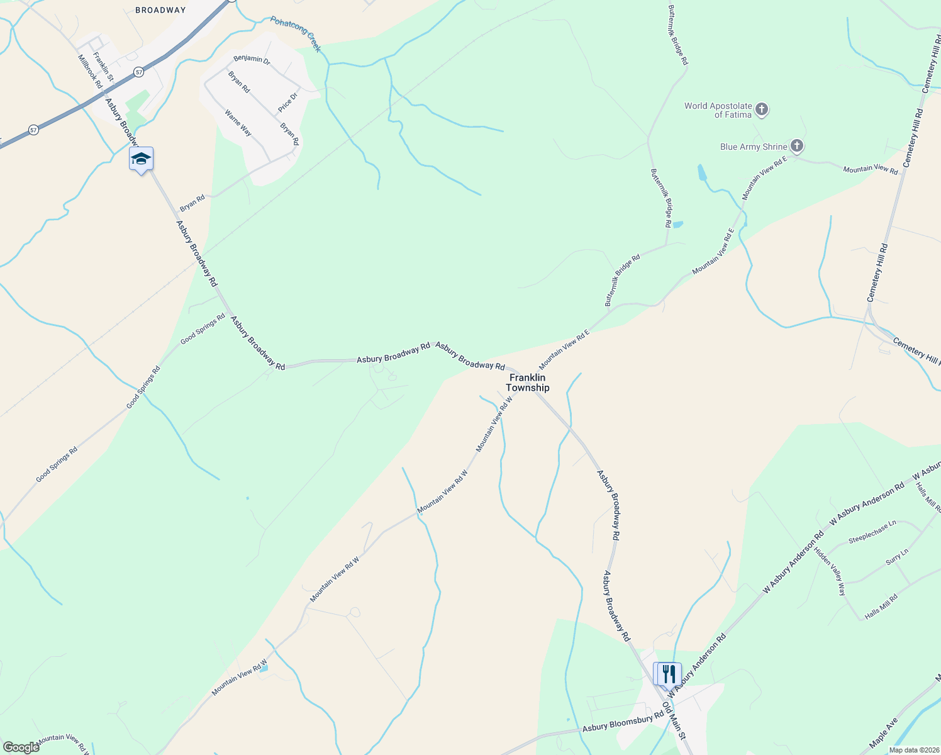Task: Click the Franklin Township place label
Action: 528,383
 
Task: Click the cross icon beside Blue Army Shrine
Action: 796,147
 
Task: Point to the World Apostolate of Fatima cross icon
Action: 761,109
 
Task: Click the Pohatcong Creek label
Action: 296,34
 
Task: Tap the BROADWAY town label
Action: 161,10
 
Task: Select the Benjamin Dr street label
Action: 252,60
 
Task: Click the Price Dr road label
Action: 287,100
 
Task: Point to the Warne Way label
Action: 238,123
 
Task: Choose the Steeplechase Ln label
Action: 872,532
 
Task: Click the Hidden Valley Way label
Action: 830,571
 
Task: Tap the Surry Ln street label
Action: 897,557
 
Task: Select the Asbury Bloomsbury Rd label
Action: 623,721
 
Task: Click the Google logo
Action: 21,747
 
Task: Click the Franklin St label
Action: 103,67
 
